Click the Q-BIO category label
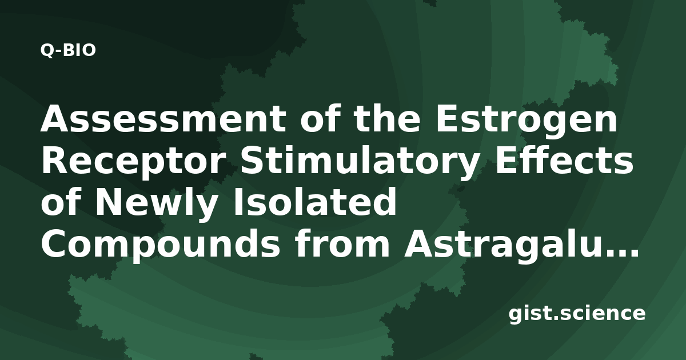pyautogui.click(x=68, y=50)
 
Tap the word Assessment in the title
pyautogui.click(x=163, y=118)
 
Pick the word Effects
pyautogui.click(x=564, y=160)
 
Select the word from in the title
pyautogui.click(x=342, y=242)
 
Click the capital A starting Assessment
pyautogui.click(x=56, y=118)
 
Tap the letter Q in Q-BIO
pyautogui.click(x=47, y=50)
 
